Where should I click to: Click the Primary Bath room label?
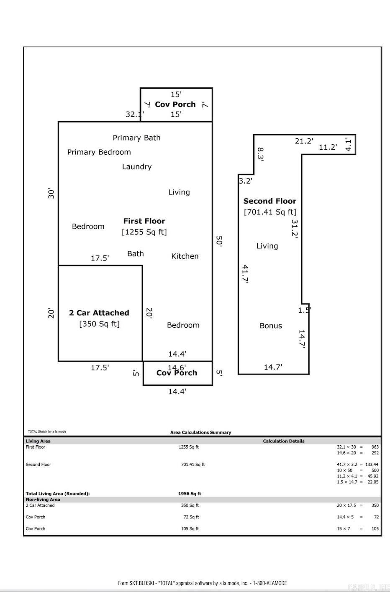click(136, 138)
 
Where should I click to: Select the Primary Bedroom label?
click(99, 152)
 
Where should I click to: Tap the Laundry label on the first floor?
click(137, 166)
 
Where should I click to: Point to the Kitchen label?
click(185, 256)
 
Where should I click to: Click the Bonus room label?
click(271, 326)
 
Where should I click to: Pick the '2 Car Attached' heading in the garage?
click(99, 313)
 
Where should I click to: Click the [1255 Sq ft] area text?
click(144, 232)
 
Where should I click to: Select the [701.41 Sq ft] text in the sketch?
click(270, 212)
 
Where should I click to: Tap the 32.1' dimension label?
click(135, 114)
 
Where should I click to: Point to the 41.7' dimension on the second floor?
click(246, 274)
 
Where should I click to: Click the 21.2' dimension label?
click(304, 141)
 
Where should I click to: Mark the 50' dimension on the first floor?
click(219, 241)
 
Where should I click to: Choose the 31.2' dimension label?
click(295, 229)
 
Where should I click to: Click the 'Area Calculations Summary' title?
click(200, 432)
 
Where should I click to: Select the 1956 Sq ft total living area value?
click(190, 493)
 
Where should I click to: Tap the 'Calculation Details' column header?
click(284, 441)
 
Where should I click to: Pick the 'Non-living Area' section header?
click(43, 499)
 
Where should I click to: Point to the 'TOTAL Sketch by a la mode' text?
click(47, 431)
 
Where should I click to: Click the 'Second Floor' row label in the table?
click(38, 464)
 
